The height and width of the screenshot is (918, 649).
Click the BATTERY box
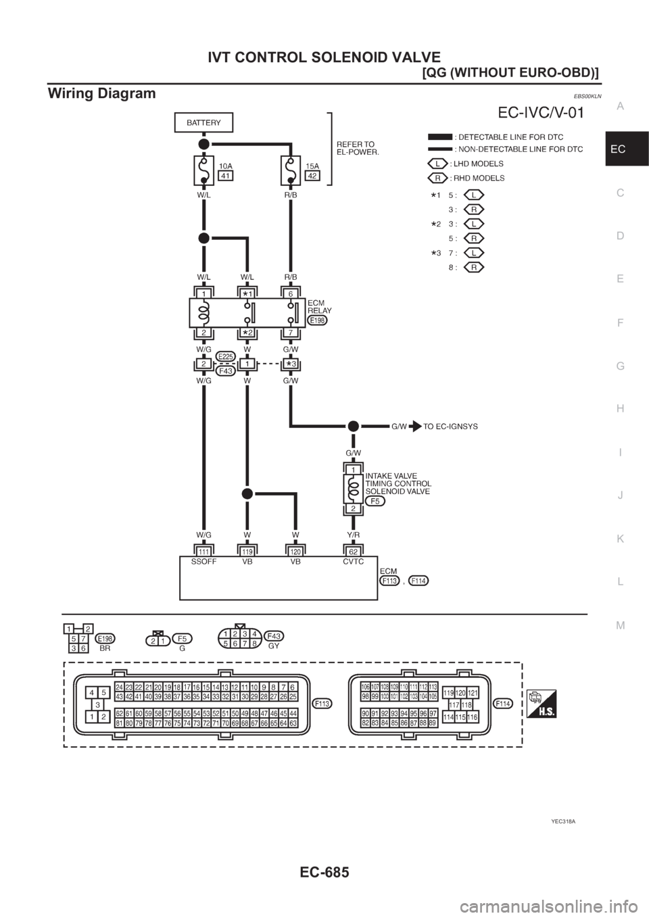click(203, 122)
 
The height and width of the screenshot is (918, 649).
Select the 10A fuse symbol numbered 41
click(203, 170)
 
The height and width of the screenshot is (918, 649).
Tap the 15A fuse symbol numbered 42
click(290, 170)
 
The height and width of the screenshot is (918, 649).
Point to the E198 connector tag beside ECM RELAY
click(317, 320)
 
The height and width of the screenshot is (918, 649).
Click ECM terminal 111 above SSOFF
click(203, 552)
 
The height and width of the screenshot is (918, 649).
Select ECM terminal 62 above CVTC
click(353, 552)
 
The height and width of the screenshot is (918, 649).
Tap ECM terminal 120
click(295, 552)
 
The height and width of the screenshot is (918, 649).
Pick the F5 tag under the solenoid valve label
click(375, 502)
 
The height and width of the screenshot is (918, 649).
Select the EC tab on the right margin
click(626, 150)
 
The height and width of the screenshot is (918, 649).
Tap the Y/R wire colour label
click(353, 535)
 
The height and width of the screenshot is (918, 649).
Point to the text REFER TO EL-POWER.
click(357, 148)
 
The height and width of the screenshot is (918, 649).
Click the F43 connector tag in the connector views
click(274, 636)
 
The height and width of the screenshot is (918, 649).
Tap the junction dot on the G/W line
click(353, 427)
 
